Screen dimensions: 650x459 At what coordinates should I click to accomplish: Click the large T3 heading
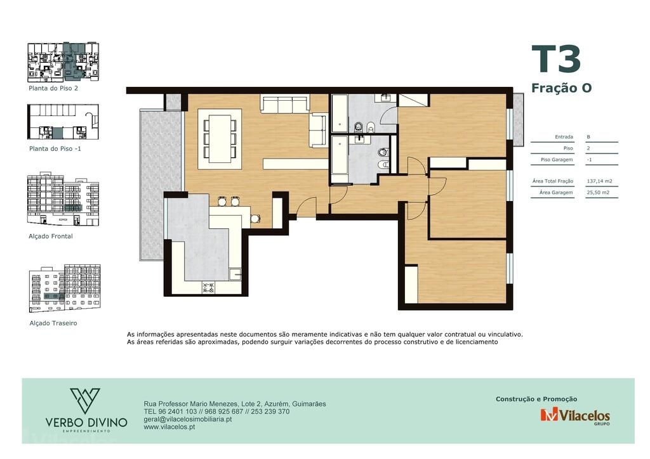(x=556, y=59)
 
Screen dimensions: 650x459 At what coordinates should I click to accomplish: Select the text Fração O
(x=561, y=87)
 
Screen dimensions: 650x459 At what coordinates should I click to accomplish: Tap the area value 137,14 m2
(x=599, y=181)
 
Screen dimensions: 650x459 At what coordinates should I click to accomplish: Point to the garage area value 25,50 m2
(x=598, y=193)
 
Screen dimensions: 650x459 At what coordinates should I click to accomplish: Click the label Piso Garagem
(x=557, y=160)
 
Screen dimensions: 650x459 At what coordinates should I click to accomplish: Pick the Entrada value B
(x=588, y=137)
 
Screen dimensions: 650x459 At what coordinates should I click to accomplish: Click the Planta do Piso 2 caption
(x=53, y=88)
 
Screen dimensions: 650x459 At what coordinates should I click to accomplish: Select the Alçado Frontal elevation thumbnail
(x=63, y=199)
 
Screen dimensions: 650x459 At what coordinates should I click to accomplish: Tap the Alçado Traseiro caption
(x=53, y=323)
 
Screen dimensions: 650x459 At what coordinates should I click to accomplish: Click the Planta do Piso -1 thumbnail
(x=63, y=122)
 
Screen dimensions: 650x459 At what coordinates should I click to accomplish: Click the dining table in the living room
(x=220, y=139)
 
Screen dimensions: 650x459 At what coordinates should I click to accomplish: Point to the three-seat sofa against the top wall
(x=285, y=104)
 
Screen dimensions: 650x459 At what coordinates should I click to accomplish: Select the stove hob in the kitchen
(x=208, y=287)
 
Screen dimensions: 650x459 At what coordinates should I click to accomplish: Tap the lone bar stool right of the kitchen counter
(x=255, y=218)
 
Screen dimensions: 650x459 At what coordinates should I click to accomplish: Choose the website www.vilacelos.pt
(x=169, y=427)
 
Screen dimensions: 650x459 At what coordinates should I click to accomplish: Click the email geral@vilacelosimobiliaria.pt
(x=187, y=419)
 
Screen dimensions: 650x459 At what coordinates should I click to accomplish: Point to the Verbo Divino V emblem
(x=85, y=401)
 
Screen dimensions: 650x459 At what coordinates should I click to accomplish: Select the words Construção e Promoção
(x=536, y=399)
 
